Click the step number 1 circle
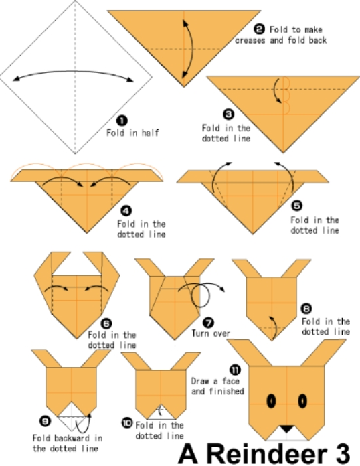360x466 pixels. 122,121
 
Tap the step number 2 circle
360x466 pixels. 259,29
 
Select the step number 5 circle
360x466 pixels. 296,206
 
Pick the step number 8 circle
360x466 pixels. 306,309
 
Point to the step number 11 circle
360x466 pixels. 235,370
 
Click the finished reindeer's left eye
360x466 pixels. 271,401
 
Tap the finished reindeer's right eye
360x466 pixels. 302,401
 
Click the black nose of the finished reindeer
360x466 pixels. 286,429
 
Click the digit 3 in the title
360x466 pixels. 341,454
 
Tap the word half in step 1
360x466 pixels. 150,133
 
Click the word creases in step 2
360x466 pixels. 250,40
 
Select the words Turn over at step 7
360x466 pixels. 211,333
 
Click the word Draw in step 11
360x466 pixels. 200,381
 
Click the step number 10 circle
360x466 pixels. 127,422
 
